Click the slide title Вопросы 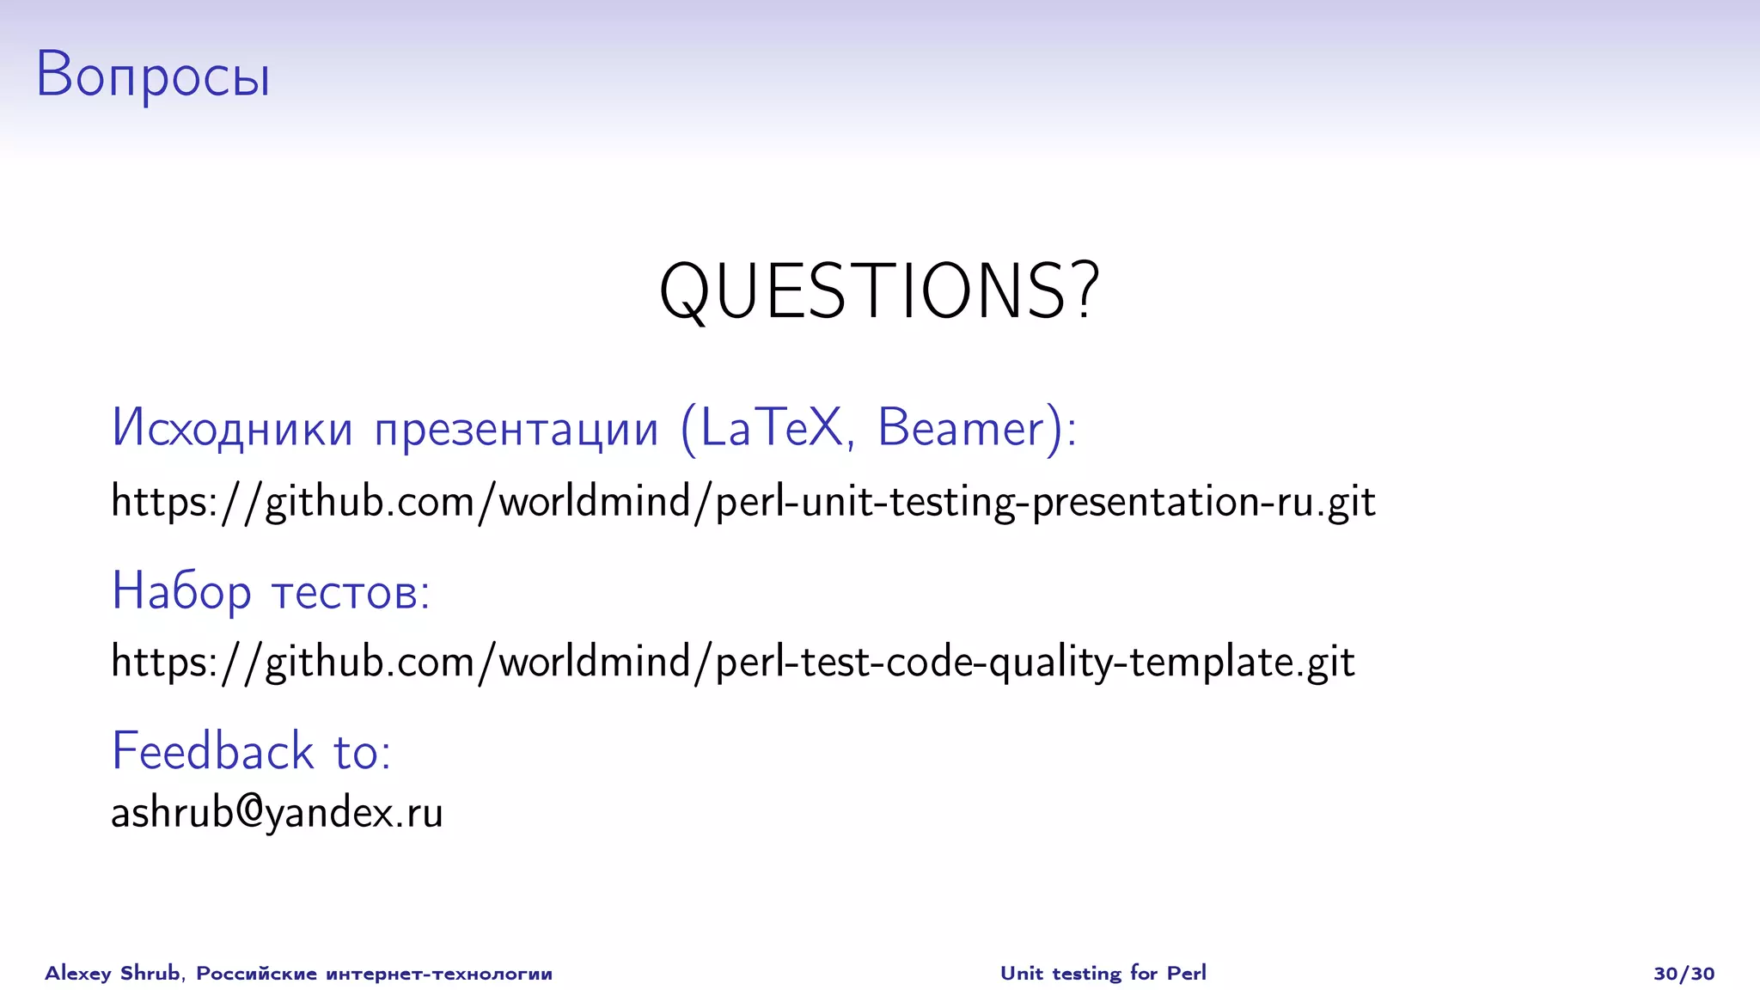click(153, 76)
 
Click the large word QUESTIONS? click(878, 292)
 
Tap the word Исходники click(232, 428)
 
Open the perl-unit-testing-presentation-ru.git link click(742, 502)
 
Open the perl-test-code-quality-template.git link click(732, 663)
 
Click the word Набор click(181, 592)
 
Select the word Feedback click(212, 751)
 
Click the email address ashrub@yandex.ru click(277, 813)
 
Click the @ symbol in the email click(248, 811)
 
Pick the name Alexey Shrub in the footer click(113, 973)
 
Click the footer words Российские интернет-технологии click(374, 973)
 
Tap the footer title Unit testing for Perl click(1103, 973)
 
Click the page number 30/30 click(1684, 973)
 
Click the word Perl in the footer click(1186, 973)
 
